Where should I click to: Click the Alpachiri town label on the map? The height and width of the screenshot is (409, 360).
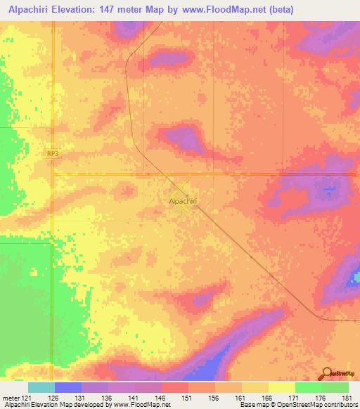pos(182,201)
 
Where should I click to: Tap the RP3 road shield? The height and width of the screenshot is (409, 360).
pos(53,152)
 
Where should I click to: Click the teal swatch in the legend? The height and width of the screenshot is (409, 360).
pos(41,387)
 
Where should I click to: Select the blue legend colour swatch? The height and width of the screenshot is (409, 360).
pos(68,387)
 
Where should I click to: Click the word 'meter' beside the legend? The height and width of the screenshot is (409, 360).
pos(9,397)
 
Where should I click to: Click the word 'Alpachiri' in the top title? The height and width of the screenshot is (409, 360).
pos(28,10)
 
